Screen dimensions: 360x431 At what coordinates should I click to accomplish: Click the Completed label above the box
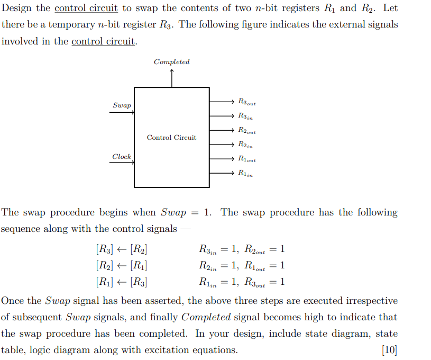(x=171, y=62)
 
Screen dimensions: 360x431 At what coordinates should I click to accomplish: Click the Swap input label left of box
(x=122, y=105)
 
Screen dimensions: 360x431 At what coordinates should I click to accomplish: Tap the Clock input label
(x=122, y=157)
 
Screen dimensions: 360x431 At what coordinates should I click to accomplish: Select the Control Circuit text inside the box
(x=171, y=138)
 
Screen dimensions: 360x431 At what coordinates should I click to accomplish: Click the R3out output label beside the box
(x=247, y=101)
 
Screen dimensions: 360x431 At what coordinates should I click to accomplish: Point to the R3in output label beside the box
(x=245, y=116)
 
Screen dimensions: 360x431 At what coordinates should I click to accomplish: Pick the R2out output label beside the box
(x=247, y=130)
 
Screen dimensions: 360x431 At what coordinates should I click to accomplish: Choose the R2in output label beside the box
(x=245, y=145)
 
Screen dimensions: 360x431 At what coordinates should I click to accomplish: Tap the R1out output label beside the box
(x=247, y=159)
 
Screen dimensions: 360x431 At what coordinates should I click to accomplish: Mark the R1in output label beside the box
(x=245, y=173)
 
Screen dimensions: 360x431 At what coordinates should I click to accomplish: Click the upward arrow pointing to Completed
(x=171, y=78)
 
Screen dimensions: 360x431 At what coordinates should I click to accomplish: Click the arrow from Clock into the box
(x=122, y=163)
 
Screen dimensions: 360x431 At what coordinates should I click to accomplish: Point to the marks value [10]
(x=389, y=350)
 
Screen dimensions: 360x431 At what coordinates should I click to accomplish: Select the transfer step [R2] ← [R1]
(x=121, y=265)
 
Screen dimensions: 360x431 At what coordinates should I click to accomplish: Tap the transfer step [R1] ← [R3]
(x=121, y=282)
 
